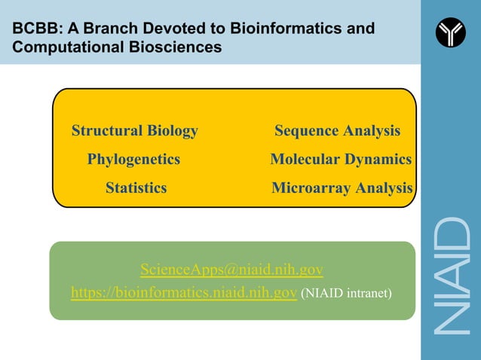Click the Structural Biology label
click(x=134, y=131)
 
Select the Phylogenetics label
click(x=133, y=160)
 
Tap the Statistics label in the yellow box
click(x=136, y=188)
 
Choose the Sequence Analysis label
click(x=337, y=131)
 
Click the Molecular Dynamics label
click(x=341, y=160)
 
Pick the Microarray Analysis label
click(x=342, y=188)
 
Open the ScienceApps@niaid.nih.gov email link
click(x=231, y=270)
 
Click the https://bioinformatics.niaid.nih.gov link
click(x=183, y=292)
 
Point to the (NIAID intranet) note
click(x=346, y=293)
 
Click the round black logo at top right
click(x=451, y=32)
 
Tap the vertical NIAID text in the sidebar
click(x=451, y=275)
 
